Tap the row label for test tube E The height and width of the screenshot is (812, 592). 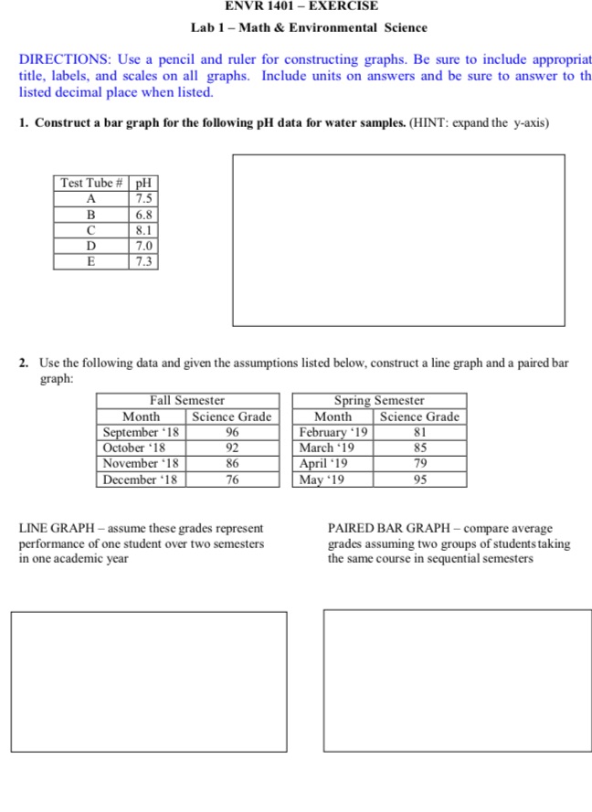coord(91,261)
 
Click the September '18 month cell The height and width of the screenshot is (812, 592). coord(142,432)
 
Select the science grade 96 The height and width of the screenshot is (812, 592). coord(232,432)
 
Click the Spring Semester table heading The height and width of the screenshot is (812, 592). coord(379,400)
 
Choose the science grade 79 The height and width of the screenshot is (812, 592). coord(419,464)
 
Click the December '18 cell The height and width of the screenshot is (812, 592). coord(142,480)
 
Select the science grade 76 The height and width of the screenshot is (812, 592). coord(232,480)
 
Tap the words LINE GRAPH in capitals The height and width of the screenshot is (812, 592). coord(58,528)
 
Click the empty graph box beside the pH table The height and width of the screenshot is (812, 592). coord(398,240)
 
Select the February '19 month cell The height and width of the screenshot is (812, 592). coord(333,432)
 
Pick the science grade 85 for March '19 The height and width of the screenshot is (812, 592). coord(419,448)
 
